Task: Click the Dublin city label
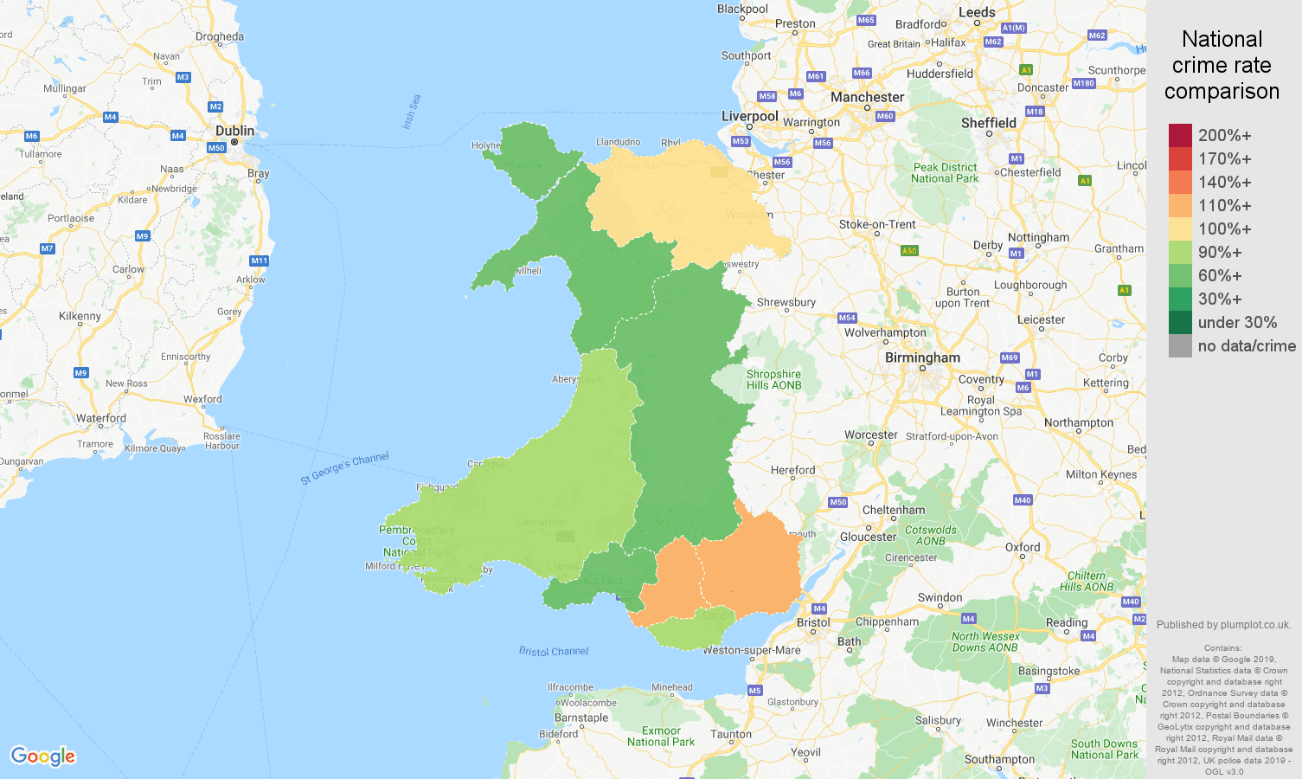click(234, 131)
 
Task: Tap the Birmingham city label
click(922, 357)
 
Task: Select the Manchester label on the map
click(867, 97)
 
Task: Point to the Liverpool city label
click(749, 116)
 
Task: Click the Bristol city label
click(813, 622)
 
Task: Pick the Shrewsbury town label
click(786, 302)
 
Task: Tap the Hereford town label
click(792, 470)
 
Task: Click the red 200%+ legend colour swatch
click(1180, 135)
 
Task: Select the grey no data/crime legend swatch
click(1180, 346)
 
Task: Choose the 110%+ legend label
click(1224, 206)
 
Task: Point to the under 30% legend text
click(1237, 323)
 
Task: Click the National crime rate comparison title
click(1222, 65)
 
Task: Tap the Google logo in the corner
click(43, 756)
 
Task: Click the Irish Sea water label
click(412, 112)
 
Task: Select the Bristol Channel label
click(554, 651)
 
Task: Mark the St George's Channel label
click(344, 468)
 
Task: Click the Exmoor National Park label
click(661, 737)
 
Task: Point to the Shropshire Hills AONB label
click(773, 380)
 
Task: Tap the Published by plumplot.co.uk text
click(1223, 625)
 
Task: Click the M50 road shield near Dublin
click(216, 148)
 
